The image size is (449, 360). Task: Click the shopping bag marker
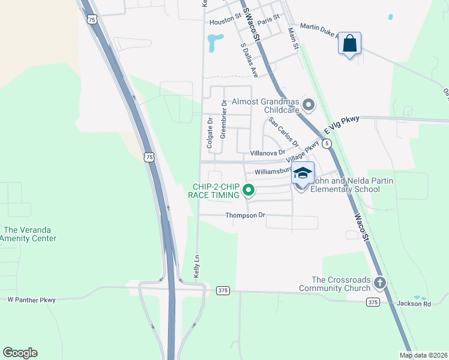click(349, 44)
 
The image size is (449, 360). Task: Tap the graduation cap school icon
click(303, 173)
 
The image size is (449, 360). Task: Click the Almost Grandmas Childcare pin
click(309, 106)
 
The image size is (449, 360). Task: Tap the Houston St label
click(224, 22)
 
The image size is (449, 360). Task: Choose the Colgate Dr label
click(209, 133)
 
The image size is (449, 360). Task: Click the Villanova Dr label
click(267, 153)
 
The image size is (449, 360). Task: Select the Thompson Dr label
click(245, 215)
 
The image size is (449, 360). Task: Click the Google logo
click(20, 353)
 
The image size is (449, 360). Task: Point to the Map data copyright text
click(423, 355)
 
